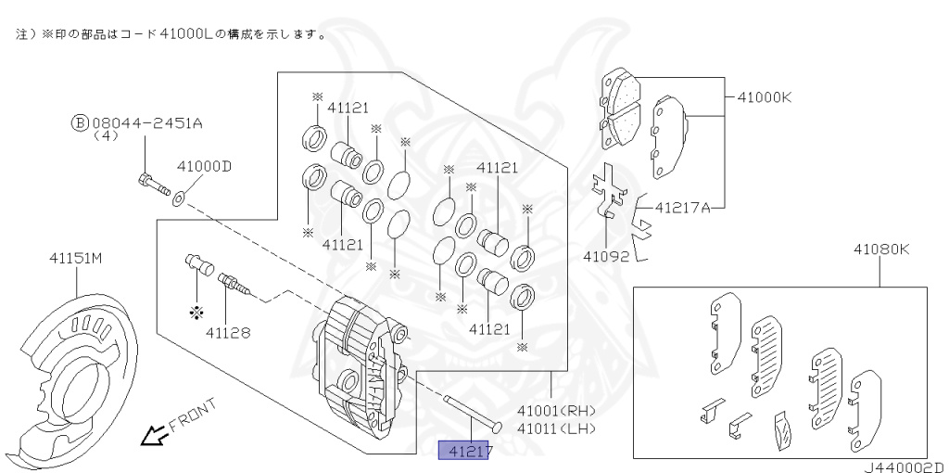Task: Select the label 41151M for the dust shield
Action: [75, 259]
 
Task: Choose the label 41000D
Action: [204, 167]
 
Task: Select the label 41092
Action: [606, 254]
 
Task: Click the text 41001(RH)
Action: [556, 411]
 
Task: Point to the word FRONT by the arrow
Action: [193, 415]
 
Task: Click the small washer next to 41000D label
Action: [178, 195]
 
